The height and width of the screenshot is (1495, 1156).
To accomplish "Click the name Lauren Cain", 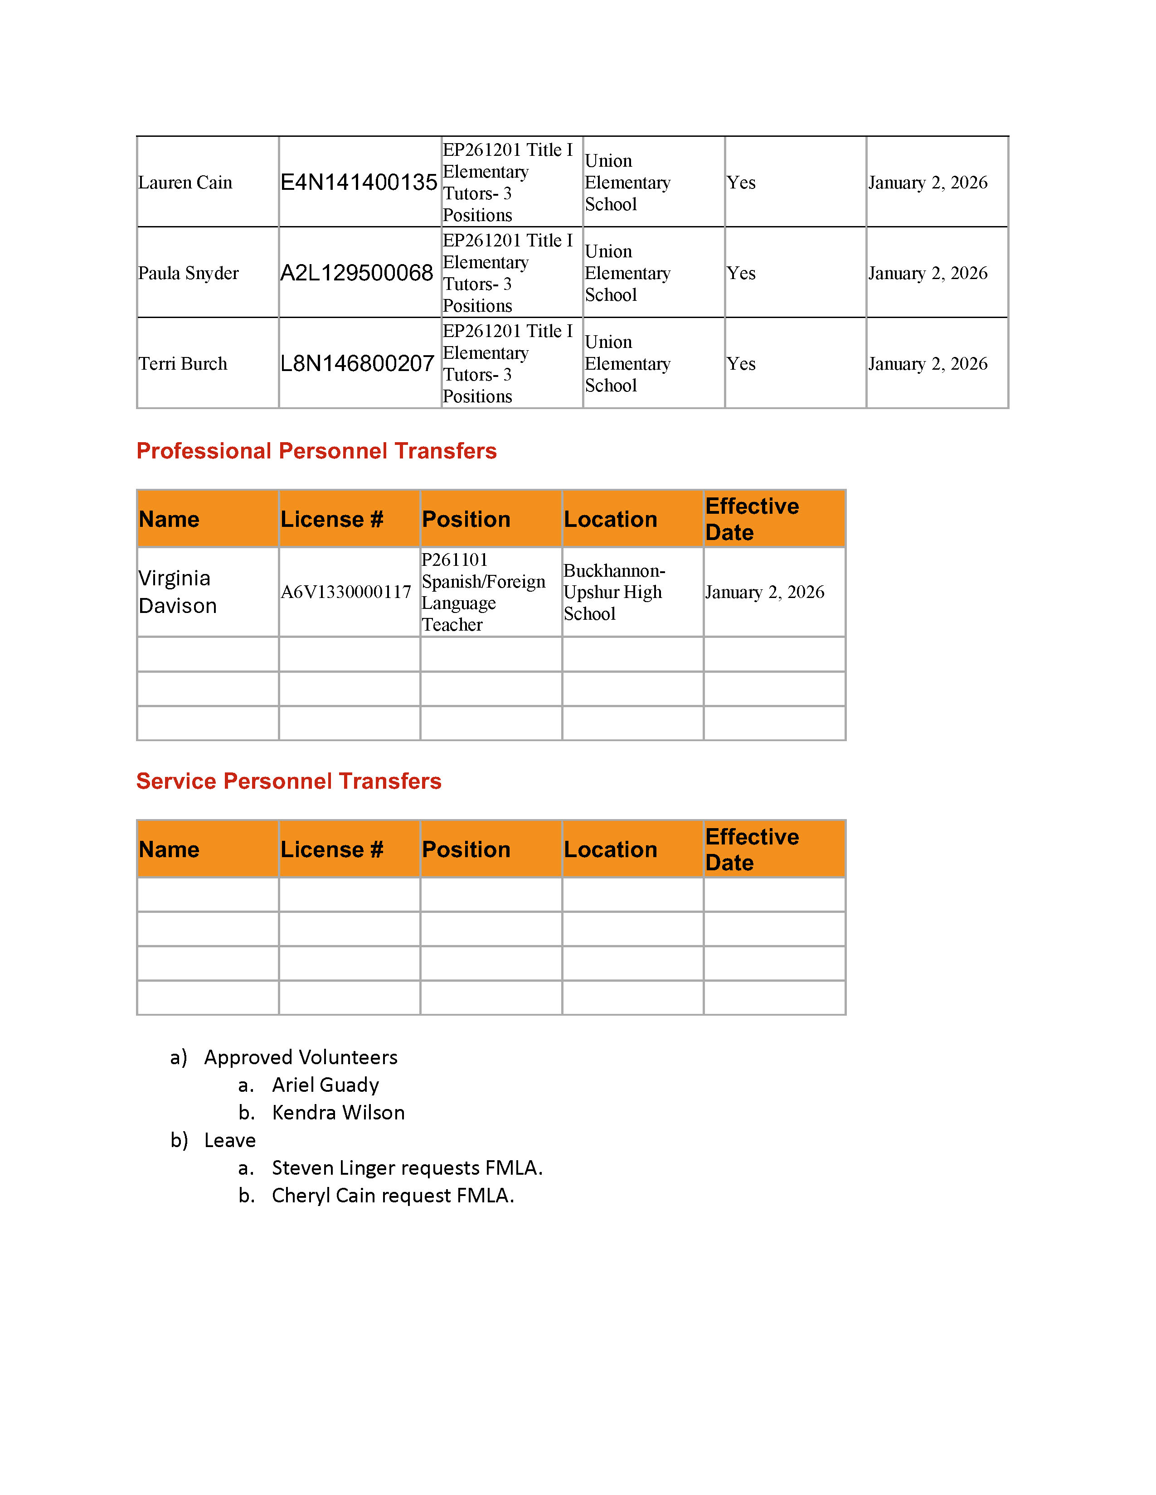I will click(x=185, y=183).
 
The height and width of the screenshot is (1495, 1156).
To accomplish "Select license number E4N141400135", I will click(x=358, y=183).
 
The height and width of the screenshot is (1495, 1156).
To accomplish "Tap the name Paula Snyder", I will click(x=188, y=273).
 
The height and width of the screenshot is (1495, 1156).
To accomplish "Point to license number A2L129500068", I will click(x=356, y=273).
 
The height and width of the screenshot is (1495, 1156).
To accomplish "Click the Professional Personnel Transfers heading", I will click(x=316, y=451).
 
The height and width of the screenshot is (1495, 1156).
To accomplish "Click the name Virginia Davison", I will click(x=177, y=592).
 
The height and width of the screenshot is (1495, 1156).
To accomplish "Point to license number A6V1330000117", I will click(x=346, y=592).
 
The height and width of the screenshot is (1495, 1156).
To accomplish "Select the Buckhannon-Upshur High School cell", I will click(x=614, y=592).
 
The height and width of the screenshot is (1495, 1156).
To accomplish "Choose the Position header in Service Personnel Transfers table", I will click(x=466, y=849).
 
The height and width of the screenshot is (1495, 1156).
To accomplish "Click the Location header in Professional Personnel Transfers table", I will click(x=610, y=520).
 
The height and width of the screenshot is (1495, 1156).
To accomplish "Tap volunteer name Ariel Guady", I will click(x=325, y=1085).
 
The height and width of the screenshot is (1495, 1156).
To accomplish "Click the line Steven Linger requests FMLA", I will click(x=407, y=1168).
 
